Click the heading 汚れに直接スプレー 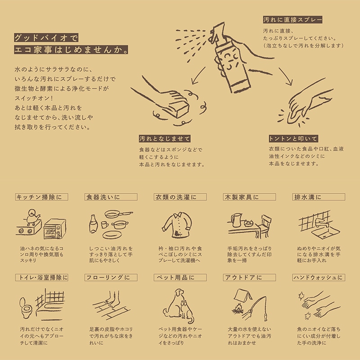point(293,20)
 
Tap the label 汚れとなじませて point(165,139)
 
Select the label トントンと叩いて point(293,139)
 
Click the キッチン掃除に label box point(41,197)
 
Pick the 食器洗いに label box point(111,197)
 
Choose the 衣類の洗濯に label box point(180,197)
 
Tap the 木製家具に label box point(249,197)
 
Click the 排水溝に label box point(319,197)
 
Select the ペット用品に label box point(180,278)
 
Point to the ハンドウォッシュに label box point(319,278)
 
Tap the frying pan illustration point(118,215)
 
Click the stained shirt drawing point(177,225)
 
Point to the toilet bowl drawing point(26,308)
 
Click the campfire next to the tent point(238,309)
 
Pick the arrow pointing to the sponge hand point(198,75)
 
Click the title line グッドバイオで point(46,38)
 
